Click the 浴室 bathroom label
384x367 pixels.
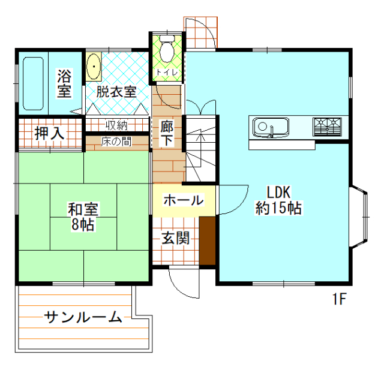(x=64, y=83)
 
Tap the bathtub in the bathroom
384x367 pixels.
(x=34, y=83)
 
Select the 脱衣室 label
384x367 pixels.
(x=116, y=92)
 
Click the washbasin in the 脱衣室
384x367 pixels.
(x=94, y=67)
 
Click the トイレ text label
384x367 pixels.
(x=165, y=73)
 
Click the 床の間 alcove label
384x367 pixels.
(x=116, y=143)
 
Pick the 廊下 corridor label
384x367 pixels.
(x=167, y=133)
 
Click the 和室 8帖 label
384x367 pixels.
(x=83, y=216)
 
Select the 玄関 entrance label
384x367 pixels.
(x=175, y=237)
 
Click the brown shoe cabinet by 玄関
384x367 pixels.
(x=207, y=240)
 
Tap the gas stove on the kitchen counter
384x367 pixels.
(x=327, y=126)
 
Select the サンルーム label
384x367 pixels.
(x=83, y=317)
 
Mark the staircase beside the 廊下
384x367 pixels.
(x=199, y=147)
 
